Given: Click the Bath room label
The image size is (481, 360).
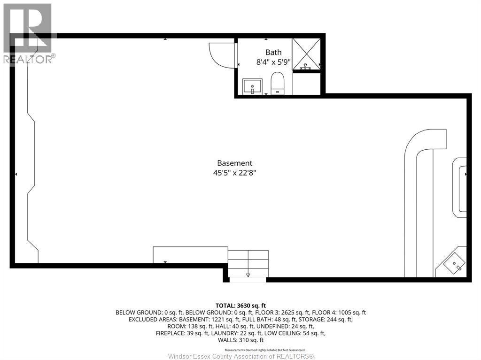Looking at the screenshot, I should (x=273, y=53).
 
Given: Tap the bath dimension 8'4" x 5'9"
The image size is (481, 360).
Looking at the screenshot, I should (x=273, y=61).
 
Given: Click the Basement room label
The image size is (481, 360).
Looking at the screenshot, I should (x=235, y=163).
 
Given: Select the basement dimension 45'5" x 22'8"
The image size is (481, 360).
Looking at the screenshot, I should (x=235, y=173).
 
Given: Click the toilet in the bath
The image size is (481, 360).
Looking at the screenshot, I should (x=278, y=84).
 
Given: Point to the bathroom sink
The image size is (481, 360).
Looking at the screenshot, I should (x=253, y=86).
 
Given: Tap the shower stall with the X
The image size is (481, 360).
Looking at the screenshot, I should (x=307, y=54).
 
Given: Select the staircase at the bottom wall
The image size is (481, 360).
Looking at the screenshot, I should (x=248, y=265).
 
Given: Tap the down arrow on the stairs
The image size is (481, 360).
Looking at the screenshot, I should (x=248, y=275).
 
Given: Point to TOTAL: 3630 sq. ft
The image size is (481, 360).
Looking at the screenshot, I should (x=240, y=306).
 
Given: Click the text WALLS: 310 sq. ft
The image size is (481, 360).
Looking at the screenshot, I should (x=240, y=340).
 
